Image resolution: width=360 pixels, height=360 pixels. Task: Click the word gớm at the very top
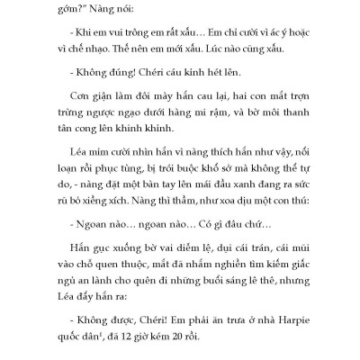click(x=69, y=10)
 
